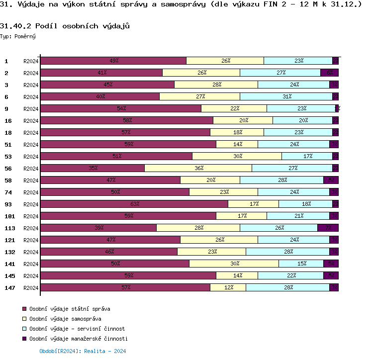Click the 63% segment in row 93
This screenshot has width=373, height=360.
(x=134, y=204)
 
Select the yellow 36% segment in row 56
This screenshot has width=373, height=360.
(x=198, y=168)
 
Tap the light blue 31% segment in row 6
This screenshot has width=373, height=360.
(x=286, y=96)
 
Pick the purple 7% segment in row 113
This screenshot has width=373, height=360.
(x=328, y=228)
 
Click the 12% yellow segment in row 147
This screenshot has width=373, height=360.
(x=228, y=287)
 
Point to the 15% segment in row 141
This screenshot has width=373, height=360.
(x=301, y=264)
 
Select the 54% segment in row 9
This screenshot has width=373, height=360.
(x=121, y=108)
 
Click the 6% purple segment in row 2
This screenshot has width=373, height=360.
(x=329, y=73)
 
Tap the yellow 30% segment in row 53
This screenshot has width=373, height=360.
(x=237, y=156)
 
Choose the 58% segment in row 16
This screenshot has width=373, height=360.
(x=127, y=120)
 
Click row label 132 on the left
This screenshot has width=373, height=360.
(x=9, y=252)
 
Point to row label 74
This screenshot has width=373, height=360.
(x=8, y=192)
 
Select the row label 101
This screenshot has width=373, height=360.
(x=9, y=216)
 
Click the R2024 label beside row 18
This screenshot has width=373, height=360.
(x=31, y=133)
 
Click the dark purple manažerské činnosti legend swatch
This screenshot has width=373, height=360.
(x=25, y=339)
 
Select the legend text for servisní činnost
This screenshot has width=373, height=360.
(x=77, y=329)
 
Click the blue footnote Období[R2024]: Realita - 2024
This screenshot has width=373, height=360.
(x=83, y=351)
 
